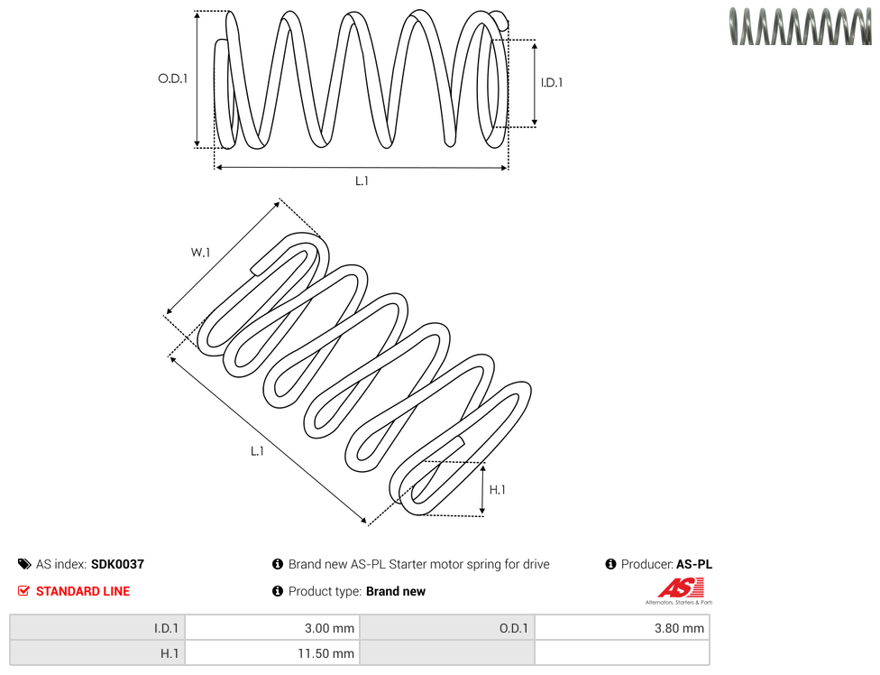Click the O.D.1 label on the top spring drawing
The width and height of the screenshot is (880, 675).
(x=173, y=79)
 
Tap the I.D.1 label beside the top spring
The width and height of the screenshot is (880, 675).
(x=552, y=82)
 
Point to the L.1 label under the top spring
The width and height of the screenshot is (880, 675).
(x=362, y=180)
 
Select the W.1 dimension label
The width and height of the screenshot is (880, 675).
(x=200, y=253)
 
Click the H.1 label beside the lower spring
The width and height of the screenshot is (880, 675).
(x=497, y=490)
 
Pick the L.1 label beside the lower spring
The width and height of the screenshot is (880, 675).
(x=257, y=451)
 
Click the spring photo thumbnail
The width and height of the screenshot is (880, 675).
(x=801, y=26)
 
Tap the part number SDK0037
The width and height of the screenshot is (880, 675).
(x=117, y=564)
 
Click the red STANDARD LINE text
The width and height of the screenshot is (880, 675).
(x=83, y=591)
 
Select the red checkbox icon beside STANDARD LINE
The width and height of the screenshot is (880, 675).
(x=23, y=591)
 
